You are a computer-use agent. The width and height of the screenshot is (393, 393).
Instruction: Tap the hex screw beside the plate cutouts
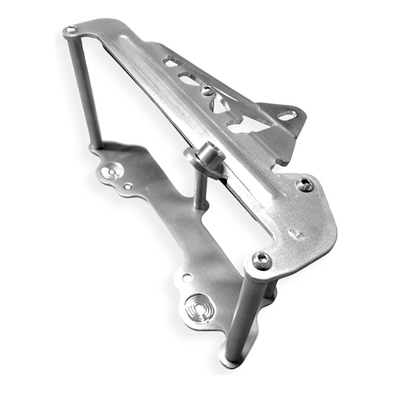[x=207, y=90]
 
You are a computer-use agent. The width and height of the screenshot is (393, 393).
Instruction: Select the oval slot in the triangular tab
[x=285, y=116]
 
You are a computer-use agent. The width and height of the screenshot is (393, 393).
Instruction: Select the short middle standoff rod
[x=199, y=189]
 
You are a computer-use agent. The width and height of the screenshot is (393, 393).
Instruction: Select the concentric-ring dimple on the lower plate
[x=198, y=307]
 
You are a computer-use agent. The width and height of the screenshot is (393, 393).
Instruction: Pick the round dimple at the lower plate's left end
[x=110, y=172]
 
